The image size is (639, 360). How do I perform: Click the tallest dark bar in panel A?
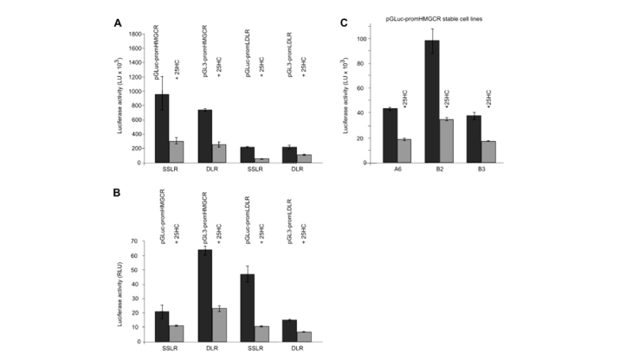[x=162, y=128]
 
